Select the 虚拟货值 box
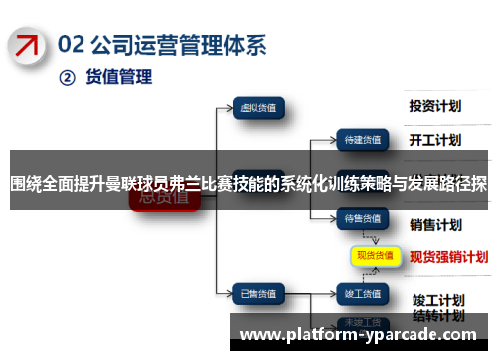point(258,106)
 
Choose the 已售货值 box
point(258,266)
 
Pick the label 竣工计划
point(436,271)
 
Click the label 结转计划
point(436,287)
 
